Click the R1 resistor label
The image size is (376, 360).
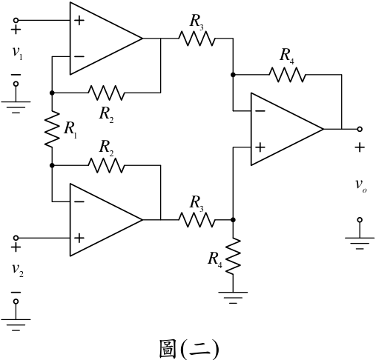click(70, 129)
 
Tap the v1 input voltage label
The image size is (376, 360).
click(18, 53)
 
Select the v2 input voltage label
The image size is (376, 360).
click(18, 270)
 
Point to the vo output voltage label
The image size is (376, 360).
click(361, 185)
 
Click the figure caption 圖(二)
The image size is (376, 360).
click(189, 349)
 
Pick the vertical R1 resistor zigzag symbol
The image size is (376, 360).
click(52, 129)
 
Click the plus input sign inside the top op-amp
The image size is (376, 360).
click(79, 20)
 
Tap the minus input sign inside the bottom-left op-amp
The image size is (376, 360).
click(79, 201)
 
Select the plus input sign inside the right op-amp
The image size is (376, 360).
click(260, 147)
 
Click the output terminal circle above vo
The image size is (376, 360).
click(360, 129)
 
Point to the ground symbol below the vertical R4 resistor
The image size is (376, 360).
click(233, 297)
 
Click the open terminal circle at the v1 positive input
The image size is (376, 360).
click(16, 20)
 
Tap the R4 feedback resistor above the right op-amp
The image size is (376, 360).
click(287, 74)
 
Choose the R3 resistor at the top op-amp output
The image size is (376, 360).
click(197, 39)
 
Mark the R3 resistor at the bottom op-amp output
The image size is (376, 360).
click(197, 220)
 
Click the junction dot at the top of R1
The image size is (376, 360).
click(52, 93)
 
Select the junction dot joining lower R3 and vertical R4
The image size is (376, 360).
click(233, 220)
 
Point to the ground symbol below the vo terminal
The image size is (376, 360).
click(360, 243)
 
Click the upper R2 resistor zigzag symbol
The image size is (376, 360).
click(106, 93)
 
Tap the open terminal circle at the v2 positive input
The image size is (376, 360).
click(16, 238)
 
